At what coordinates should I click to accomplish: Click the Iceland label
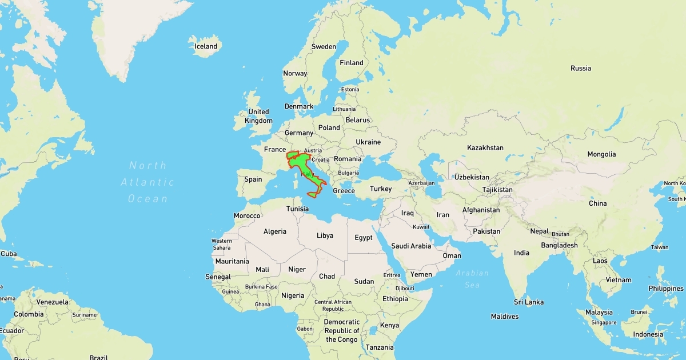click(206, 46)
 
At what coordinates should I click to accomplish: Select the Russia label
click(580, 69)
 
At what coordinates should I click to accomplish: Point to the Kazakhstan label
click(485, 148)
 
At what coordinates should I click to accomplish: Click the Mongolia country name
click(601, 154)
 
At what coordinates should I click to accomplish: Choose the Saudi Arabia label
click(411, 246)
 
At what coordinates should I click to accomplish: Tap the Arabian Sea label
click(472, 278)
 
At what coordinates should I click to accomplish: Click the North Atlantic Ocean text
click(147, 182)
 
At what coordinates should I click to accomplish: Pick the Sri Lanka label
click(528, 302)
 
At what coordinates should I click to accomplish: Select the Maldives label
click(505, 317)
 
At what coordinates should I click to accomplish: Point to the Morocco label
click(247, 216)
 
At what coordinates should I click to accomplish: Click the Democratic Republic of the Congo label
click(342, 330)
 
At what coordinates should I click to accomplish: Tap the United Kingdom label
click(258, 116)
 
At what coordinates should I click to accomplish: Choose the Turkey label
click(381, 189)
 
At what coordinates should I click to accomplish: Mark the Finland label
click(352, 63)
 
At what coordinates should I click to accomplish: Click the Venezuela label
click(52, 302)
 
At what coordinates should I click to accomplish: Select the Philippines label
click(666, 289)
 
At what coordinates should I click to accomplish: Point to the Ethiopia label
click(396, 299)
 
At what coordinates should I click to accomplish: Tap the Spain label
click(253, 179)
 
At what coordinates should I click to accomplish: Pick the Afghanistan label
click(481, 210)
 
